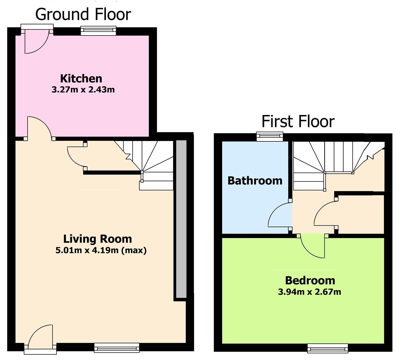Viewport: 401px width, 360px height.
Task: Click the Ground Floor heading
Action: [83, 14]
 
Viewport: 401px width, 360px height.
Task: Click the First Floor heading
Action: [298, 121]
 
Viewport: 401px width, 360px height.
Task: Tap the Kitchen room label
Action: [81, 79]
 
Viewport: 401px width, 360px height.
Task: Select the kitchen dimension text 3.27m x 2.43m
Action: [83, 90]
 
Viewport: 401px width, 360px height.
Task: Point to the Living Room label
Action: [98, 239]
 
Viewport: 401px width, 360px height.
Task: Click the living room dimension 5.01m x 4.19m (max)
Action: [101, 250]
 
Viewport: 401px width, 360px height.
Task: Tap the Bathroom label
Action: [255, 181]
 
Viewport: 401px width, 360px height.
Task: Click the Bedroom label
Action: [310, 280]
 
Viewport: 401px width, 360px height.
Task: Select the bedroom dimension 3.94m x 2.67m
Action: [310, 292]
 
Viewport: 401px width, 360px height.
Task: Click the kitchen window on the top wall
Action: [98, 31]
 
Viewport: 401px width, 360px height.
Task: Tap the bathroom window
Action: [270, 137]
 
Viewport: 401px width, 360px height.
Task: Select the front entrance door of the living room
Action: [41, 339]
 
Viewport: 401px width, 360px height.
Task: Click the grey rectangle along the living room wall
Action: [181, 219]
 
